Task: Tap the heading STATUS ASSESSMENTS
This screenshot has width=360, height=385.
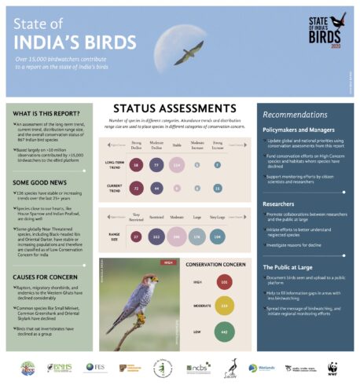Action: point(167,111)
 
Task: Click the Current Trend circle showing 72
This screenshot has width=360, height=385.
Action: point(137,190)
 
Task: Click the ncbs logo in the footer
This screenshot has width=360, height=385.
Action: point(198,368)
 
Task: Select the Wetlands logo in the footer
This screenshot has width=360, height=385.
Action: point(263,368)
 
